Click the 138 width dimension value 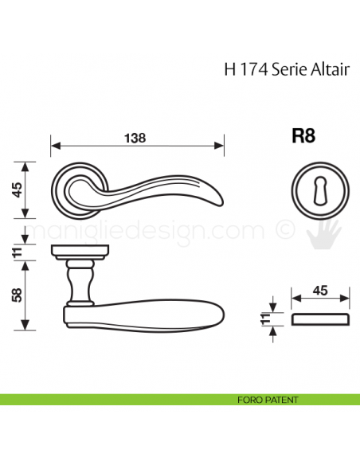coord(136,136)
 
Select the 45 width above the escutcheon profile coord(320,291)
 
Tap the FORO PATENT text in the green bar coord(268,399)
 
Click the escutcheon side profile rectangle coord(321,320)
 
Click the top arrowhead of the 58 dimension coord(25,264)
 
